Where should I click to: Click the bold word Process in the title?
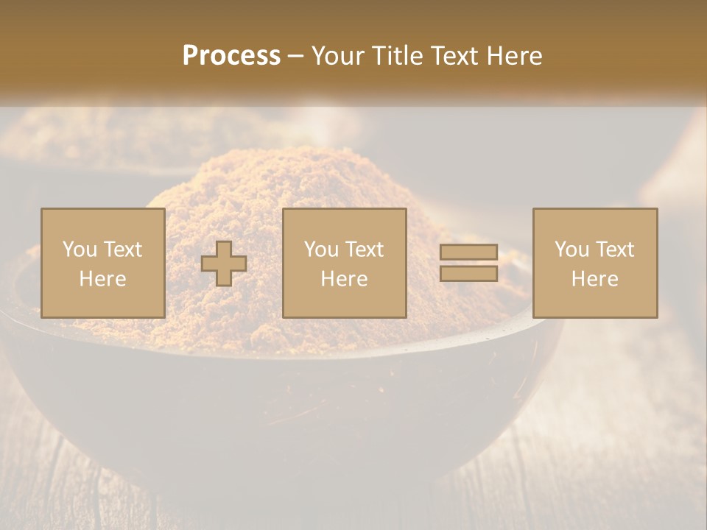[231, 56]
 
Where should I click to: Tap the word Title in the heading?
[397, 56]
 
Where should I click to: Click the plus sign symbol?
[224, 264]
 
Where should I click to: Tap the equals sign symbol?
[468, 263]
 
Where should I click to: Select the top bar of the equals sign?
[468, 252]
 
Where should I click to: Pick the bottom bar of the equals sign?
[468, 273]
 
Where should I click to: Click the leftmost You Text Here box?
[103, 263]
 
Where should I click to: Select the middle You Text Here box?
[345, 263]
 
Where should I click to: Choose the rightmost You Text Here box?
[595, 263]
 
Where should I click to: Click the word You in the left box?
[78, 250]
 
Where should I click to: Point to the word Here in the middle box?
[345, 279]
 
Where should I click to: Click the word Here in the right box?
[595, 279]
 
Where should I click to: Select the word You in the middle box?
[320, 250]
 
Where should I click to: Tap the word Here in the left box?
[103, 279]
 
